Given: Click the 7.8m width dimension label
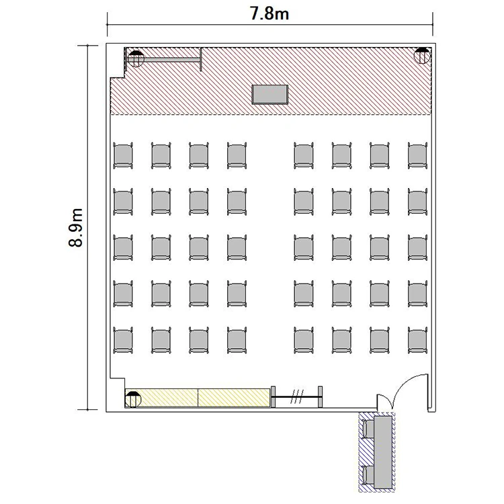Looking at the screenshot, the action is tap(269, 14).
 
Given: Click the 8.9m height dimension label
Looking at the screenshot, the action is tap(76, 228).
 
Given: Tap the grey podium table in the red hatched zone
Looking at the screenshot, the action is tap(269, 95).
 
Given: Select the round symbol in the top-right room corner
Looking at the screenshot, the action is tap(422, 56).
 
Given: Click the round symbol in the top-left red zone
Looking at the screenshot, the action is tap(136, 59).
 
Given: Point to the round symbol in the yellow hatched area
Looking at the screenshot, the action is tap(133, 399).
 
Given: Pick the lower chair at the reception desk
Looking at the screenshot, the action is tap(368, 475).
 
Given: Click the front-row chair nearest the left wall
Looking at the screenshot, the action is tap(123, 156).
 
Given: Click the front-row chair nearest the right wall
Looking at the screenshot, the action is tap(417, 156).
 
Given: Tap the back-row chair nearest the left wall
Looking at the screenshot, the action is tap(123, 340).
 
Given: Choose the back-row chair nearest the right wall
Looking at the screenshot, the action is tap(417, 340).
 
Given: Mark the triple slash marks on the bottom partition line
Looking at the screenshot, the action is tap(297, 397).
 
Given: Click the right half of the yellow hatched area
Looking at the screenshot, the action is tap(234, 398).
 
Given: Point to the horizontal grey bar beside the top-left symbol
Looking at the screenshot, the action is tap(172, 60).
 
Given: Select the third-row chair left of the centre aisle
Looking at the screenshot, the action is tap(237, 247).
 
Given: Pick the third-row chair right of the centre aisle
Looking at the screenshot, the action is tap(304, 247).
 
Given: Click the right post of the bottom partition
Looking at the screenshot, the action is tap(320, 396).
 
